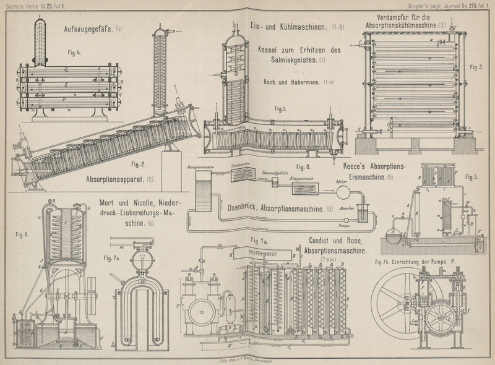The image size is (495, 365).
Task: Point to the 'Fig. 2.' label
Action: (139, 165)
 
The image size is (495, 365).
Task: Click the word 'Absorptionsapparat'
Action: (115, 181)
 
